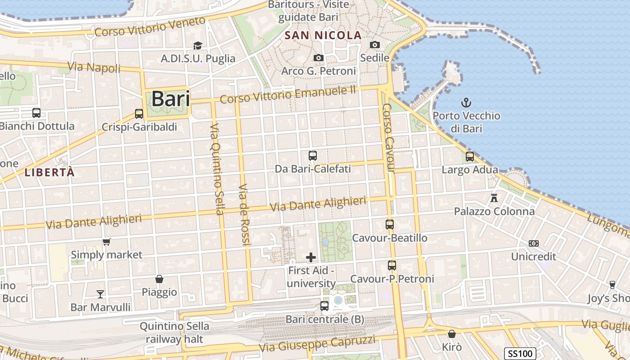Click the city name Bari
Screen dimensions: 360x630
coord(171,99)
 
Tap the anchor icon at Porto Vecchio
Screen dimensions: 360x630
coord(466,103)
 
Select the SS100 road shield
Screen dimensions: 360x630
coord(520,354)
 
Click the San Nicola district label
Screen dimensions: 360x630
coord(324,35)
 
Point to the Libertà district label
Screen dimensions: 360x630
coord(49,172)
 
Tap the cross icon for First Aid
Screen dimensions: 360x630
coord(311,257)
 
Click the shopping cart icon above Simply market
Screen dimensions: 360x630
coord(107,242)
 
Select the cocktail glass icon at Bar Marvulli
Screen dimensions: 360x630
coord(100,294)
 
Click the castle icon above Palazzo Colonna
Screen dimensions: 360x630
coord(494,198)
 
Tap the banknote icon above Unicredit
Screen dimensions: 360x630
coord(534,243)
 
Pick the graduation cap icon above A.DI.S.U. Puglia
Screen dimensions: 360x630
coord(198,45)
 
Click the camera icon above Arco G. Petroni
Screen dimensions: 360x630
coord(319,58)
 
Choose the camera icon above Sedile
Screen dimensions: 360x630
coord(375,45)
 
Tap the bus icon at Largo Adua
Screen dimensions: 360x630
coord(470,157)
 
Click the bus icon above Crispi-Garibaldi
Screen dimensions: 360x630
coord(139,114)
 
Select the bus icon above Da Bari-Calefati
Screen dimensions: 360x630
coord(313,156)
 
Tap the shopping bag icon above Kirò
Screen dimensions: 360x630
coord(452,334)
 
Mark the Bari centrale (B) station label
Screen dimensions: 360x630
coord(325,319)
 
